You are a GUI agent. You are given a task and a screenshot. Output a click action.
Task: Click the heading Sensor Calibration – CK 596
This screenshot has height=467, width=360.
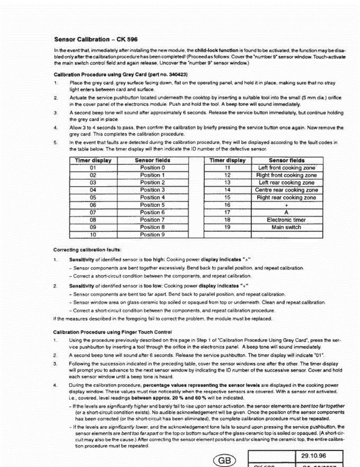click(x=96, y=39)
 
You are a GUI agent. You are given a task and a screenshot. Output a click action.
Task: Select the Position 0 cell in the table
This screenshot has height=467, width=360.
click(x=152, y=168)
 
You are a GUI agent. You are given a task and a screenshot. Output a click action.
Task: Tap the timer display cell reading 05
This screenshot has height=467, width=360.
click(x=93, y=198)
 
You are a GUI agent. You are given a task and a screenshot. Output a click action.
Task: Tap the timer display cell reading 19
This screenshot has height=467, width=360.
click(x=228, y=227)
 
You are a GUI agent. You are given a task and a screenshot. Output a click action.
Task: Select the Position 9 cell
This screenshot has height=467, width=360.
click(x=152, y=235)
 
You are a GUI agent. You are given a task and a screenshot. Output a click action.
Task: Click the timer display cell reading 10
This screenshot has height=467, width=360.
click(x=93, y=235)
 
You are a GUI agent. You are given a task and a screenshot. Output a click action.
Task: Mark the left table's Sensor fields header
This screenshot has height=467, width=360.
click(x=152, y=160)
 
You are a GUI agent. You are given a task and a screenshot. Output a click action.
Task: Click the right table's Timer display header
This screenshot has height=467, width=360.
click(x=228, y=160)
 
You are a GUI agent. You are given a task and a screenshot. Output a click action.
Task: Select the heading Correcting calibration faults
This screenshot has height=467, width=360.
click(x=88, y=249)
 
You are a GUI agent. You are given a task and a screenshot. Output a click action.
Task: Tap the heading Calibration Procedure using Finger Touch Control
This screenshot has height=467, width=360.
click(x=112, y=332)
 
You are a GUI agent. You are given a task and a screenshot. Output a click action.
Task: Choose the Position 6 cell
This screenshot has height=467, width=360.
click(x=152, y=212)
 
